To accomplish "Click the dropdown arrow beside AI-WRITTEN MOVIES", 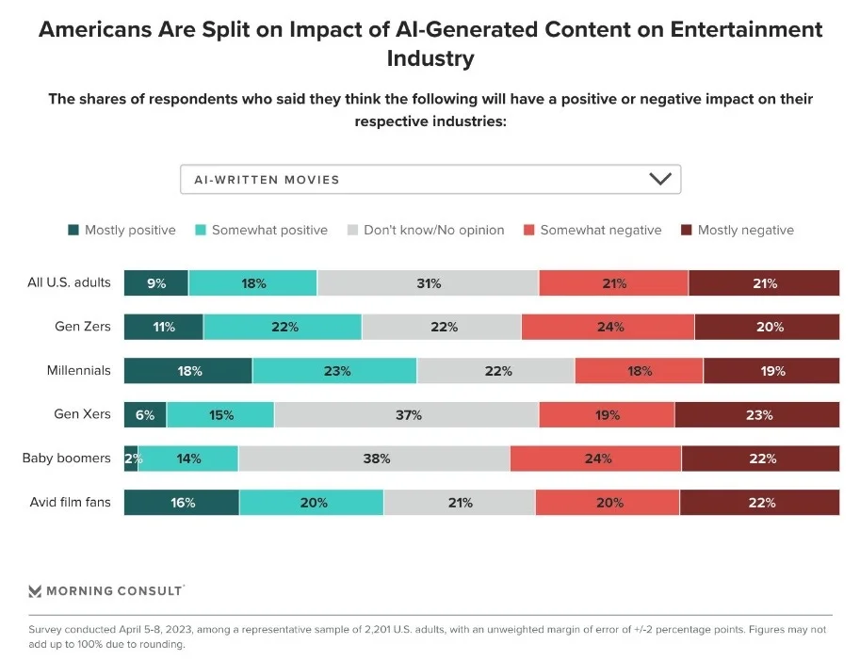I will click(x=659, y=179).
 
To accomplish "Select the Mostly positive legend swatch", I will click(x=74, y=230).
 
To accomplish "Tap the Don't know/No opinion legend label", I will click(x=433, y=230).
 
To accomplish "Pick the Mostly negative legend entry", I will click(x=745, y=230).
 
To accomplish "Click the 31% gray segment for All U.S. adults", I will click(x=428, y=283).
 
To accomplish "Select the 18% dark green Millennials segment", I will click(x=188, y=371).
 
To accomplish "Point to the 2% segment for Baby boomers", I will click(x=131, y=459).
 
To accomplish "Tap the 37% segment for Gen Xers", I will click(x=407, y=414).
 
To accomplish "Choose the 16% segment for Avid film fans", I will click(x=182, y=503).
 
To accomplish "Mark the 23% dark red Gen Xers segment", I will click(x=757, y=414).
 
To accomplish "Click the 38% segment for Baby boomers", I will click(x=374, y=459).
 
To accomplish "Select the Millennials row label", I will click(x=78, y=371).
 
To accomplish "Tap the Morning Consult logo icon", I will click(x=36, y=591).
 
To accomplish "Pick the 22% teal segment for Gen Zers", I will click(x=283, y=327).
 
